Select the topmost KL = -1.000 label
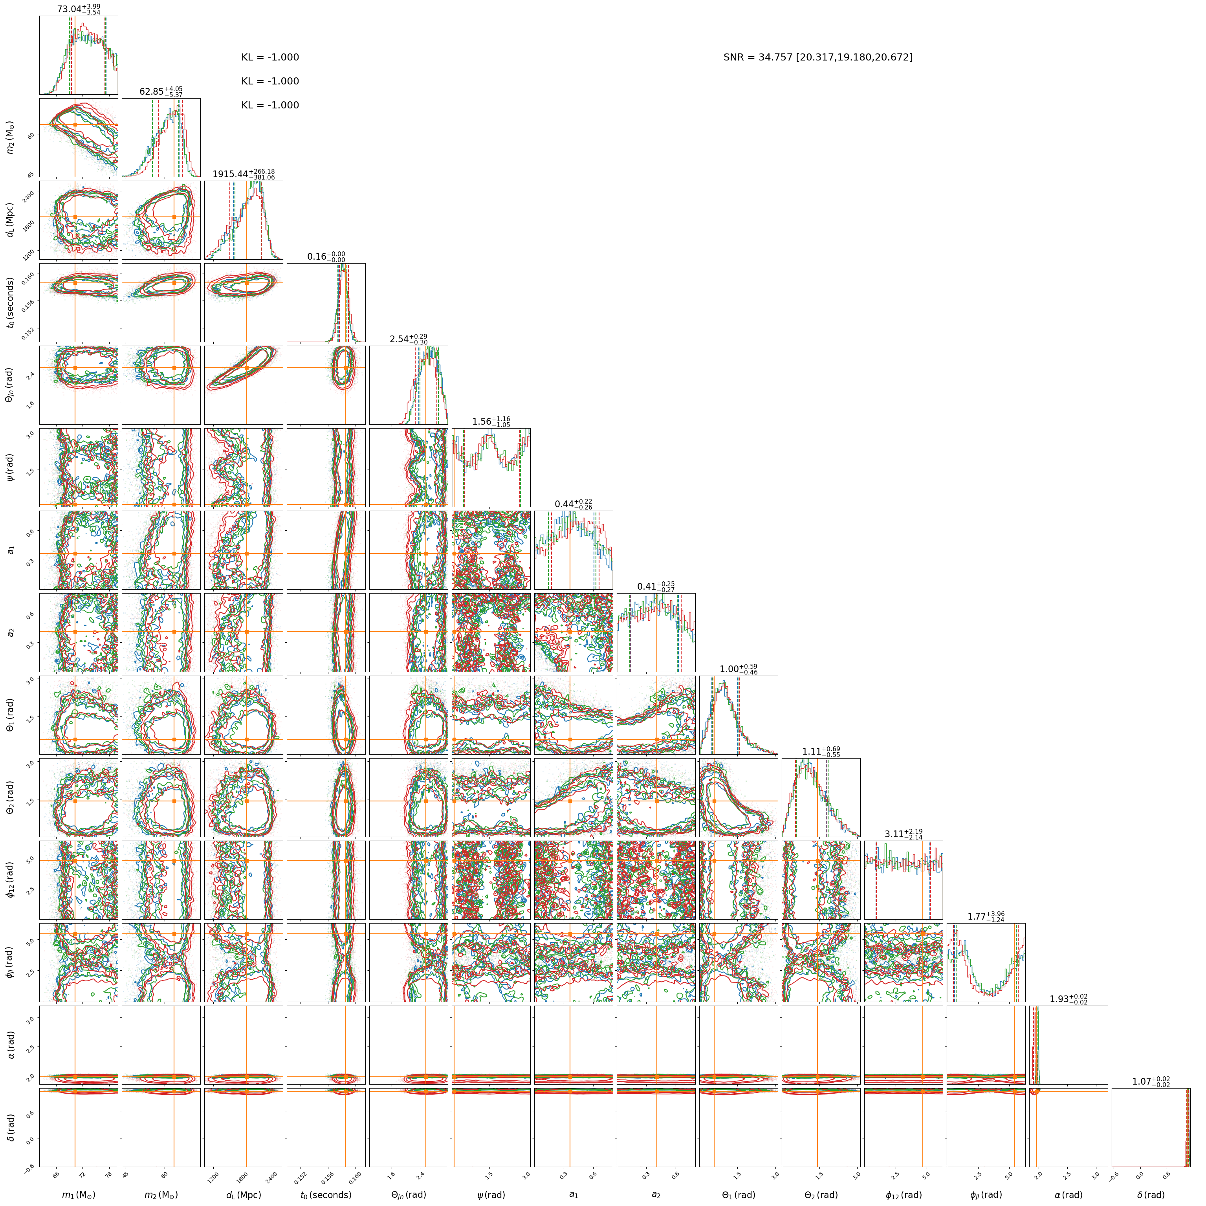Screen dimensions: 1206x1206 (x=270, y=57)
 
